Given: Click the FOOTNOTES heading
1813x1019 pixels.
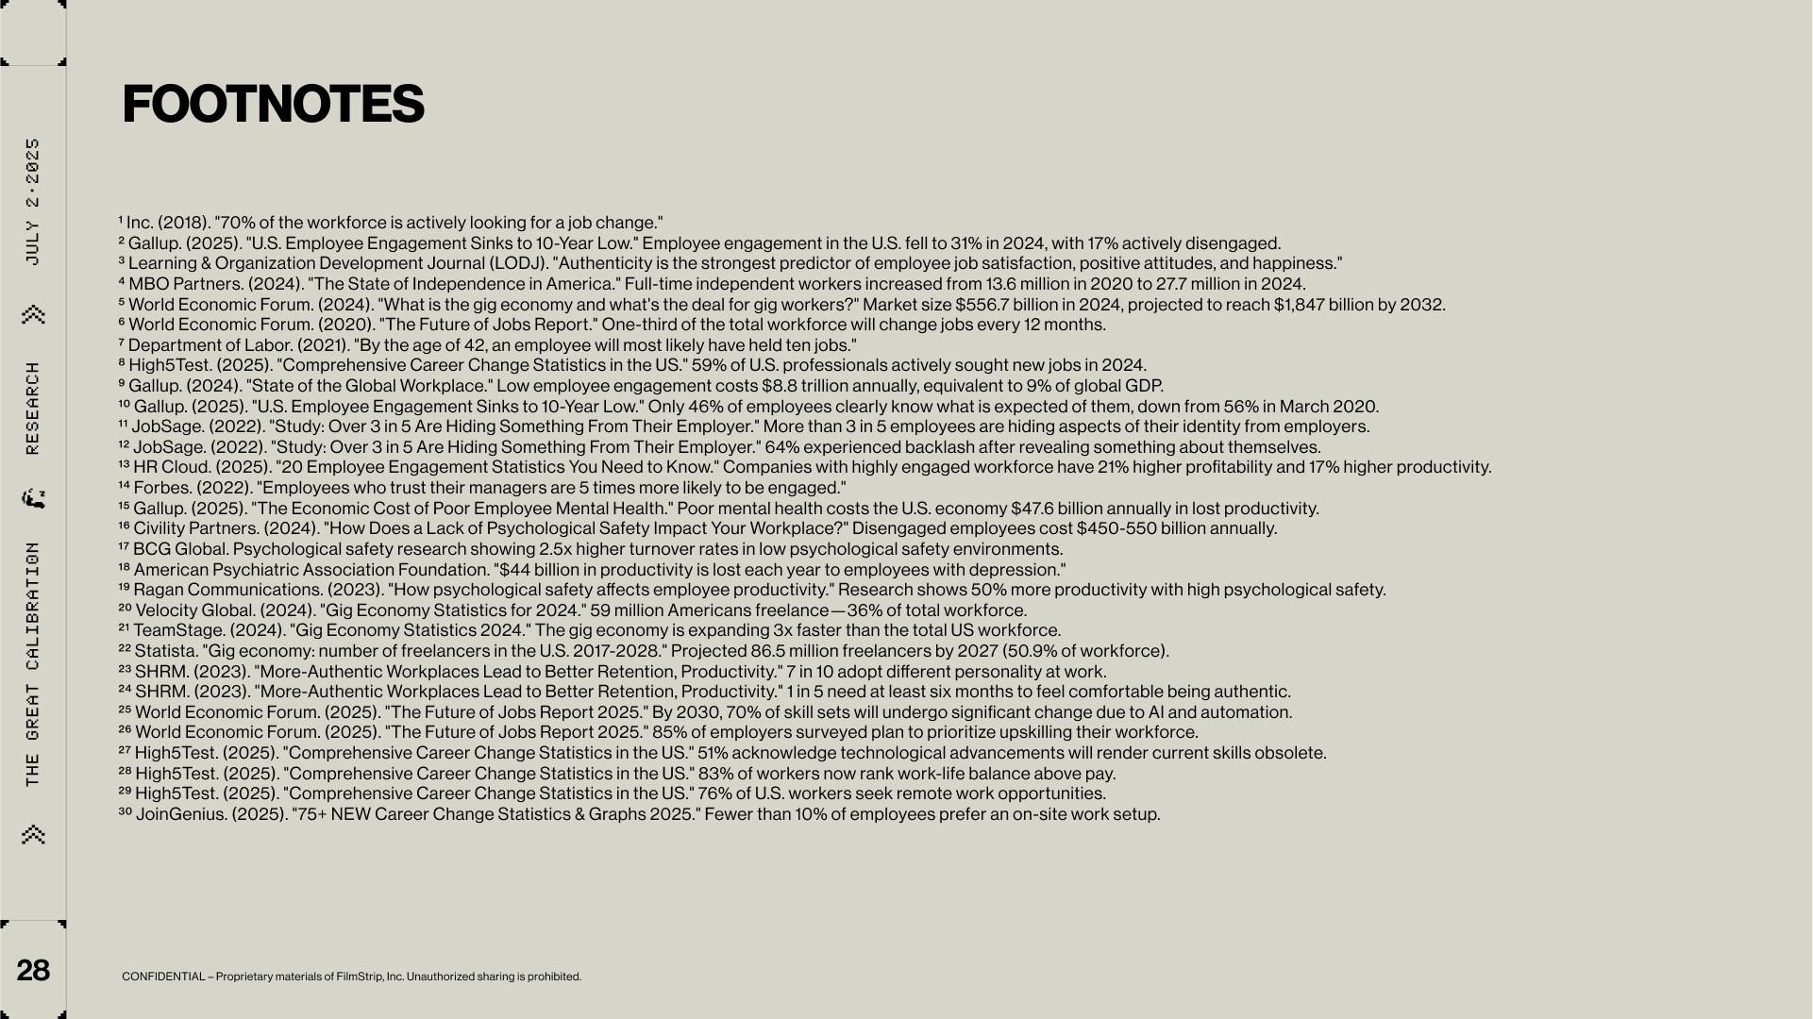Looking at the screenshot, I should (273, 104).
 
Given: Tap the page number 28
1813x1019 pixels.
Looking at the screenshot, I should (33, 970).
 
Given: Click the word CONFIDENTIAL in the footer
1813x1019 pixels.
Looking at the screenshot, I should (162, 977).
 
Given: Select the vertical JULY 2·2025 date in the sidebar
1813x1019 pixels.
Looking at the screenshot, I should (33, 202).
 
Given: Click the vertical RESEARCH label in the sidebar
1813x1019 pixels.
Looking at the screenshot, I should (33, 408).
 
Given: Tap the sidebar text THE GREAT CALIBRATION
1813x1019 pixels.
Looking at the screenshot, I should (33, 663).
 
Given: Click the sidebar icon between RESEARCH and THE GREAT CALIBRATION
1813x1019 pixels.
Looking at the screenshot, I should (34, 498).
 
